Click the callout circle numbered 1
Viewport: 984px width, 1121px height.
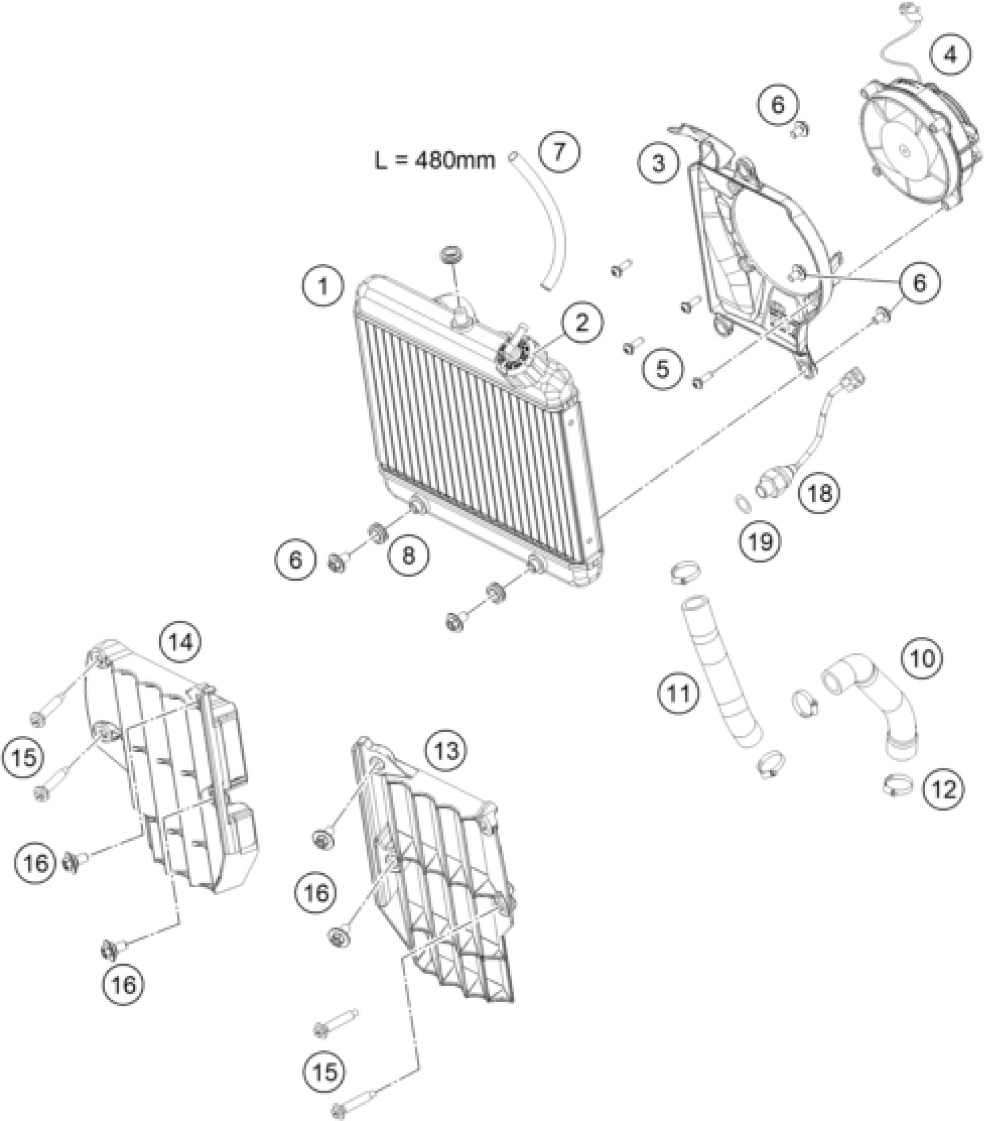[323, 286]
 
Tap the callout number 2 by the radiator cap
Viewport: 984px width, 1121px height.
[581, 323]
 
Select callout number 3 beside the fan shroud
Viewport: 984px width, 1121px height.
[659, 164]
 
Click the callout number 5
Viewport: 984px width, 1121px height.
[662, 368]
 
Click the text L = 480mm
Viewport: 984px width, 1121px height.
[434, 160]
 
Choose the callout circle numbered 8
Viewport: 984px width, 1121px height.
[409, 556]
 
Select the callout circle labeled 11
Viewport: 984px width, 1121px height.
[679, 692]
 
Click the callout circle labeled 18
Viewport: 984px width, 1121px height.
[821, 493]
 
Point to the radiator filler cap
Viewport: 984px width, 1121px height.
[512, 351]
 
